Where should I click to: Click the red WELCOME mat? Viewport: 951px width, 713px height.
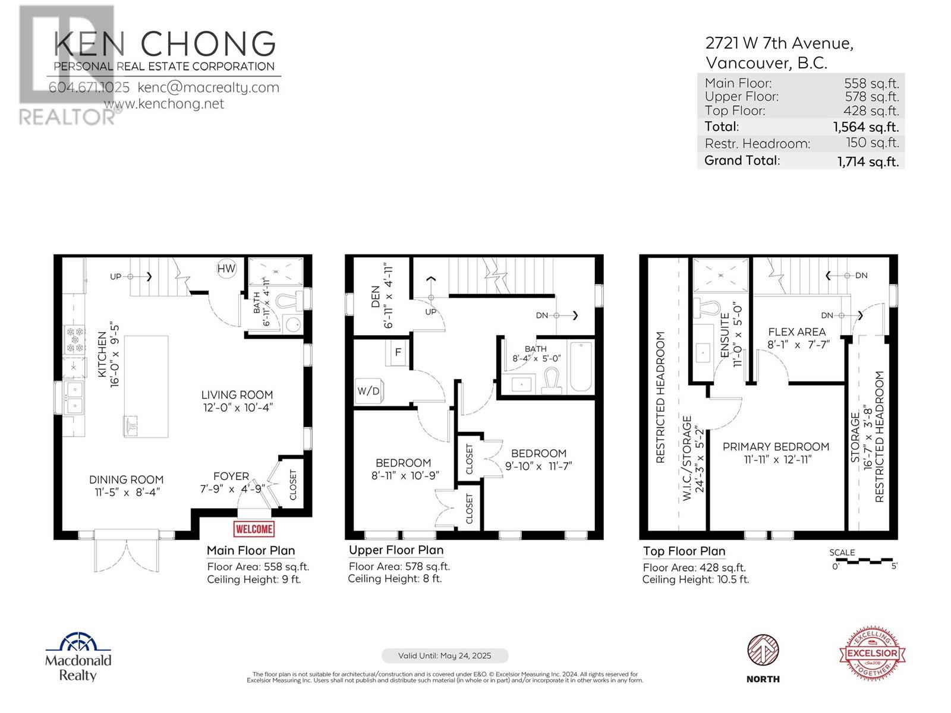coord(254,529)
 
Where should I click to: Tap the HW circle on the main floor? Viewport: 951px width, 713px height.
coord(226,269)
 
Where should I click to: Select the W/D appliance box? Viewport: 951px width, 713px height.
coord(369,390)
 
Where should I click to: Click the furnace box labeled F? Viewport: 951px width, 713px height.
coord(398,353)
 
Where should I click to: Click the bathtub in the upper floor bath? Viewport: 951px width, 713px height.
coord(581,367)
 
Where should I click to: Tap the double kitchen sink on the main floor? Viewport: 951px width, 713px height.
coord(75,397)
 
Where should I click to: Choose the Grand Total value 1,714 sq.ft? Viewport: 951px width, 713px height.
coord(868,161)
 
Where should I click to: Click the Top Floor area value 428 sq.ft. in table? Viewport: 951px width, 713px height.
coord(871,111)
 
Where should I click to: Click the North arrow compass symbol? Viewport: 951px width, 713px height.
coord(763,651)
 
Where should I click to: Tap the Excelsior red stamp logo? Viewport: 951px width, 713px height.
coord(872,652)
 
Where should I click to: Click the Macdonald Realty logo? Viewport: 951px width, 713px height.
coord(78,657)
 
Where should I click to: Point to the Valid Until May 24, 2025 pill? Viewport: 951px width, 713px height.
coord(445,656)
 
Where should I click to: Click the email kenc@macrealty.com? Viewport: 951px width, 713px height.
coord(208,87)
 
